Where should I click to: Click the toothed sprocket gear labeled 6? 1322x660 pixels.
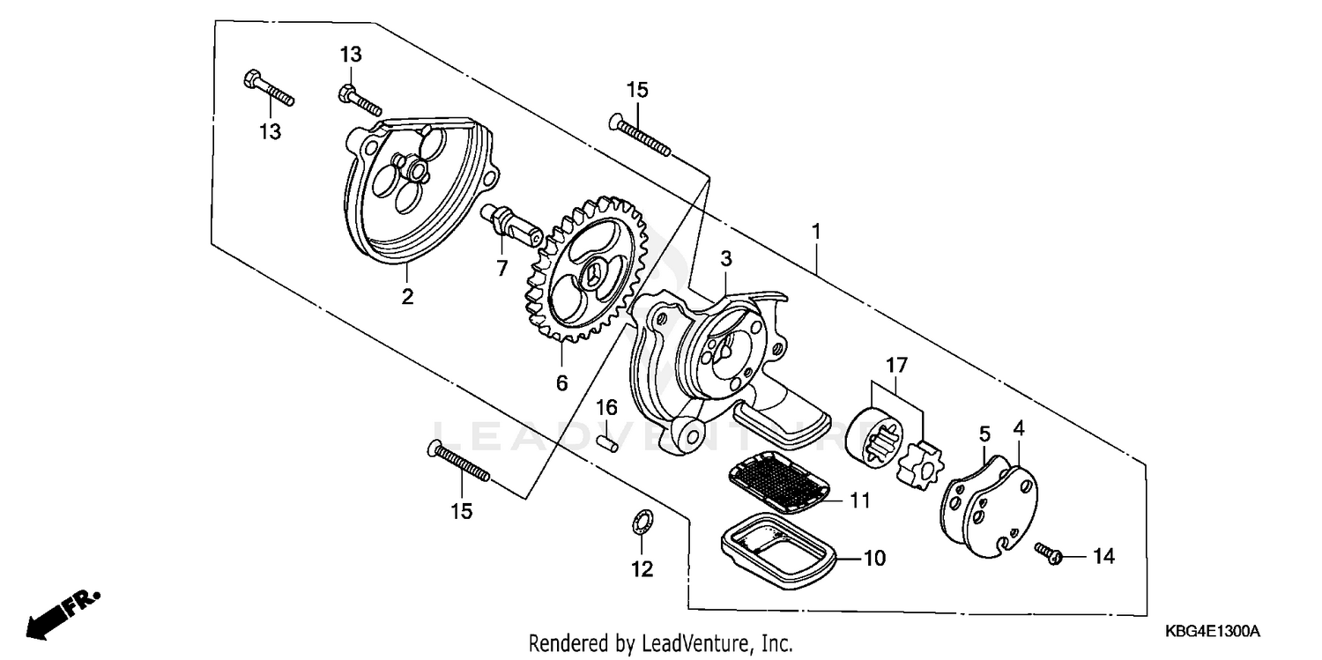click(x=585, y=273)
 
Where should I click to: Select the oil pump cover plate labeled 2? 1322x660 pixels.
click(x=414, y=189)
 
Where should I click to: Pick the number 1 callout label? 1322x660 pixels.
click(x=817, y=207)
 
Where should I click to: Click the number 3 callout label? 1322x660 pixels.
click(x=725, y=258)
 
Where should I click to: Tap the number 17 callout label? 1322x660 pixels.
click(x=895, y=363)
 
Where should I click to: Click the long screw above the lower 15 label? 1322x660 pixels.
click(x=458, y=463)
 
